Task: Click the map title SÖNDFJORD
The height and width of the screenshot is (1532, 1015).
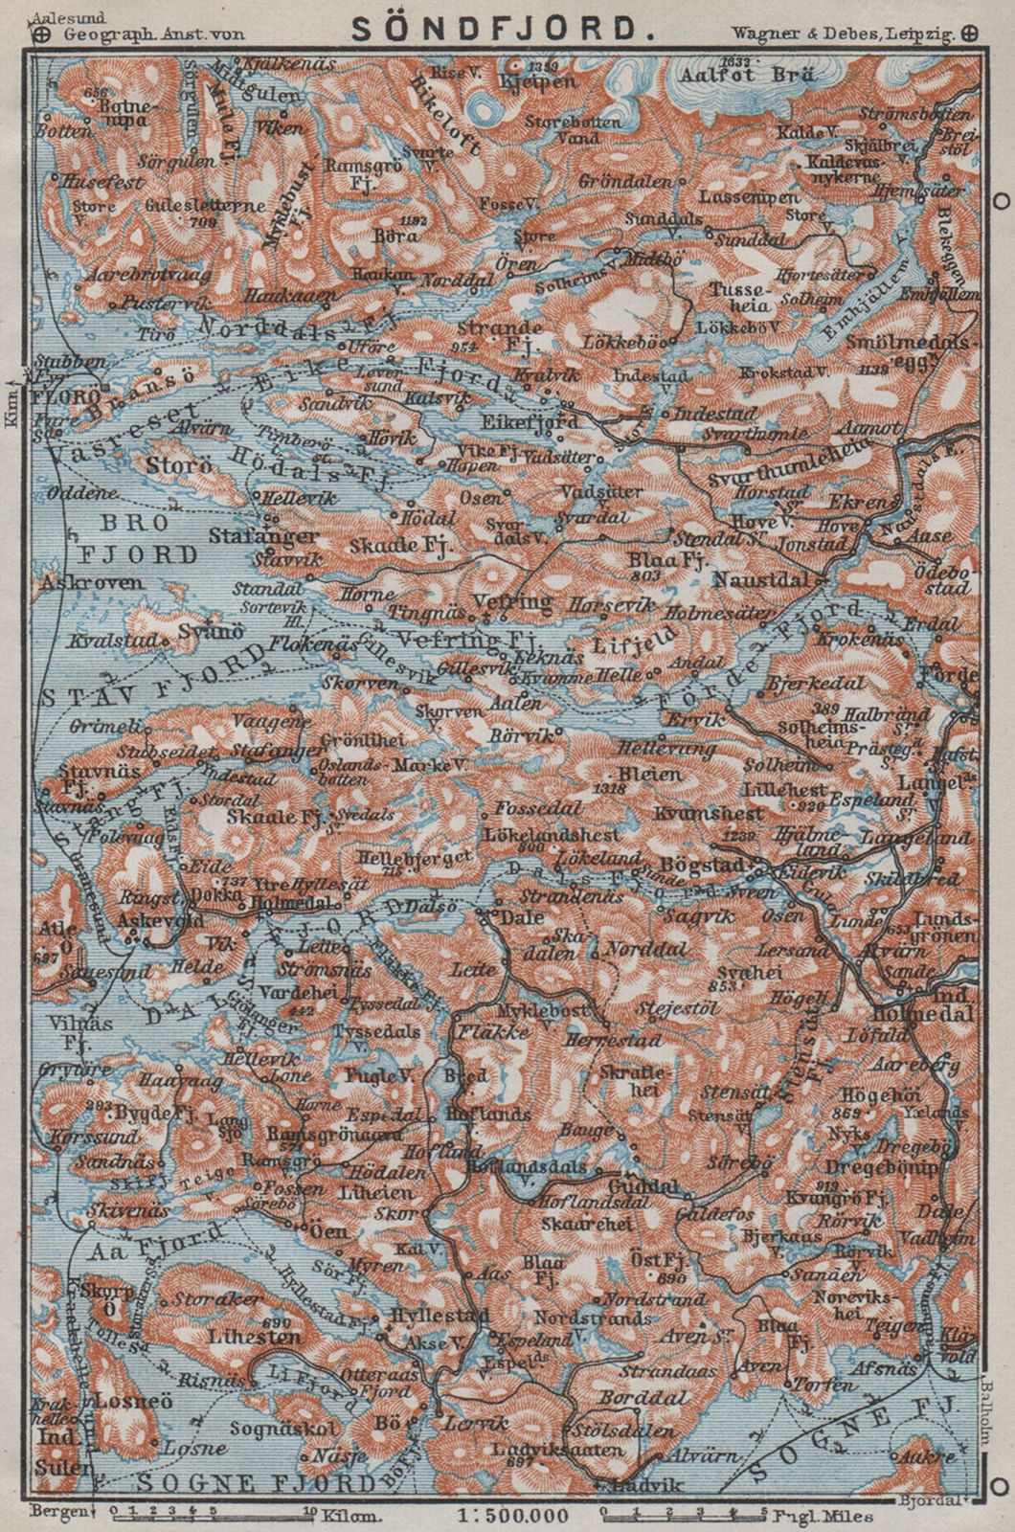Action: click(507, 28)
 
